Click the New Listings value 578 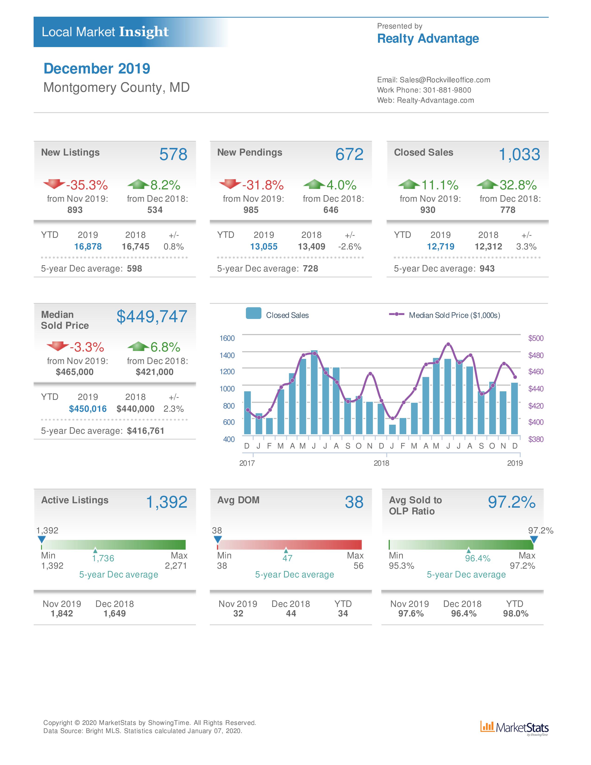173,154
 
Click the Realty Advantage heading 428,38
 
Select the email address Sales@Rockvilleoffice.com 445,80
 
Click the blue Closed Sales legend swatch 254,313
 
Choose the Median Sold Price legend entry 445,315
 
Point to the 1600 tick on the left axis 227,338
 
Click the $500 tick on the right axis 536,338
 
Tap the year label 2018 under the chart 381,463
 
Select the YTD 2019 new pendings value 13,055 264,247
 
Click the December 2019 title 97,69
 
